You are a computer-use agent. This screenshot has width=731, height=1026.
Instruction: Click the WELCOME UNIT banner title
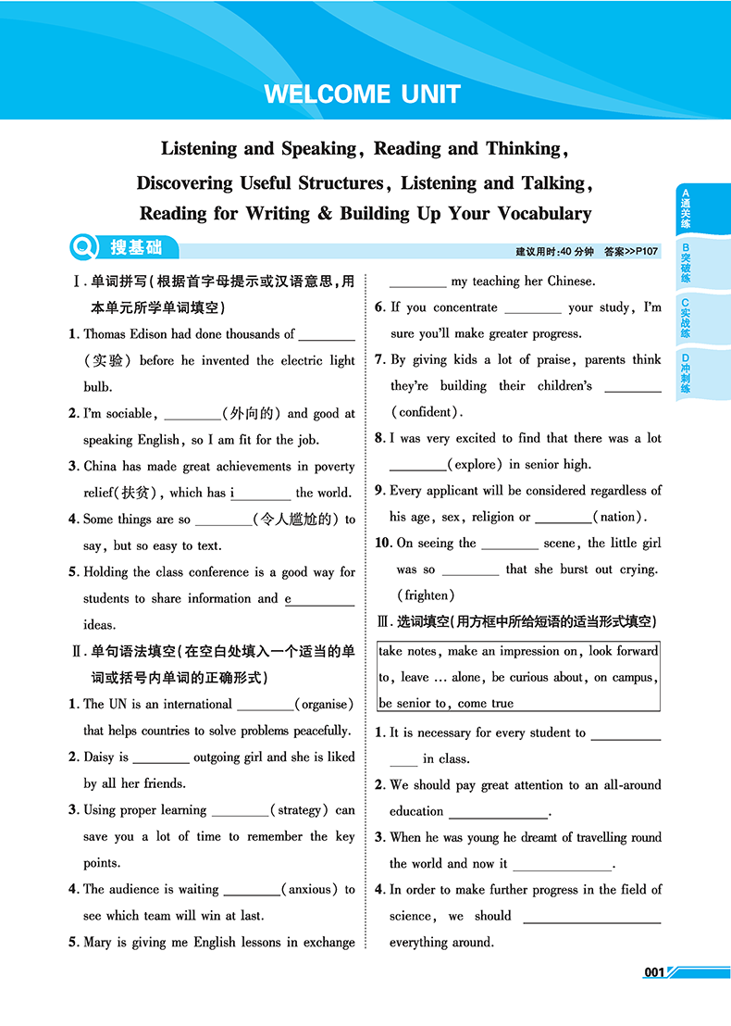coord(362,94)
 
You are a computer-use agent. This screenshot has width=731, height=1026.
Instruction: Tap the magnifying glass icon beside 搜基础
coord(84,247)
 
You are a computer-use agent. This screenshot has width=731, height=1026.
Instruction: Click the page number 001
coord(654,972)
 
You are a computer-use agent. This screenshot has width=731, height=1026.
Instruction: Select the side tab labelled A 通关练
coord(686,209)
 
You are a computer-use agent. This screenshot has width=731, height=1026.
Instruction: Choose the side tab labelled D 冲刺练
coord(686,374)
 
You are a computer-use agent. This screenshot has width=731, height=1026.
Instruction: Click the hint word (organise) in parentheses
coord(324,705)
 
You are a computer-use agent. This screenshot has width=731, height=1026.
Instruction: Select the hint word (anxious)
coord(310,890)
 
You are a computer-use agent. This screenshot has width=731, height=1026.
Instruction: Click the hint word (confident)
coord(426,412)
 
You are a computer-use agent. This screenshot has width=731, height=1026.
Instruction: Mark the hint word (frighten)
coord(426,595)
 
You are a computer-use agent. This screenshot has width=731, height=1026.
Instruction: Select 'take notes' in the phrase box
coord(408,651)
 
